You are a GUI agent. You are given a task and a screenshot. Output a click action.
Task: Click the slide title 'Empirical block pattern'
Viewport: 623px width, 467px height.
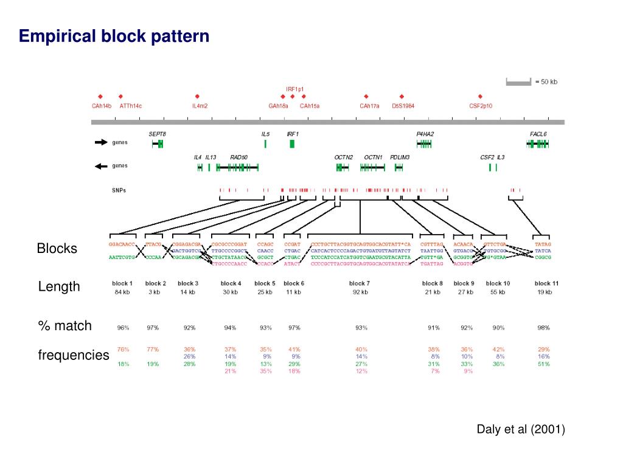click(114, 36)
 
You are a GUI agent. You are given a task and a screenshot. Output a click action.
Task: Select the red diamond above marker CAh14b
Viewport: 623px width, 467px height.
click(100, 96)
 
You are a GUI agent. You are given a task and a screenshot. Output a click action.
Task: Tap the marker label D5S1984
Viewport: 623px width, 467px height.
click(403, 106)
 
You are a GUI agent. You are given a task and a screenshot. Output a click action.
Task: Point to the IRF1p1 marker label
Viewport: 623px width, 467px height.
click(295, 89)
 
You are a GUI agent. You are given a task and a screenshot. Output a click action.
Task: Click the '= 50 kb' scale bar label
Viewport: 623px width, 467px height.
click(546, 82)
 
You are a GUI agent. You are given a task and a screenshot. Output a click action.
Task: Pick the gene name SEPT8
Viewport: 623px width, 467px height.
click(157, 134)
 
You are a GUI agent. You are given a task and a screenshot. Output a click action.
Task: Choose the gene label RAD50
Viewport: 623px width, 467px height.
click(238, 157)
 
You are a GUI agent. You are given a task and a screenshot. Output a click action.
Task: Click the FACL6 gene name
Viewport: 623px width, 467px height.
click(538, 134)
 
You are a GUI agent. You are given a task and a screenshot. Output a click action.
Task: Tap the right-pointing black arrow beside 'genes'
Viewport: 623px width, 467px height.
click(100, 143)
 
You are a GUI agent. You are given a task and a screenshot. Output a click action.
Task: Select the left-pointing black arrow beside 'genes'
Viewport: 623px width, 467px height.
click(100, 166)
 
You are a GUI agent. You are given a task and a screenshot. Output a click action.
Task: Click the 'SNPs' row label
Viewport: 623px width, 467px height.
click(119, 190)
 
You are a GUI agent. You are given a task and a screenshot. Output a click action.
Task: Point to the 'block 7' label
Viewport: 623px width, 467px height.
click(360, 283)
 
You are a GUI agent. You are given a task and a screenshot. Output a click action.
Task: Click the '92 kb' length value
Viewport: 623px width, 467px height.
click(360, 292)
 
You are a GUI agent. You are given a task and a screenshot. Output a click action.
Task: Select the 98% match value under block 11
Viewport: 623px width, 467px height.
click(543, 328)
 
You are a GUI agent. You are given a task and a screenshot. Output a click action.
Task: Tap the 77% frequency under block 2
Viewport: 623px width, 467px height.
click(153, 349)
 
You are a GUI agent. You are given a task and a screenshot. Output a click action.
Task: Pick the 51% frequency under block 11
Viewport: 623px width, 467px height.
click(543, 364)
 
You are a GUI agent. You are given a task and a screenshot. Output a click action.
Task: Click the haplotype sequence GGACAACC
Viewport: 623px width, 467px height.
click(122, 244)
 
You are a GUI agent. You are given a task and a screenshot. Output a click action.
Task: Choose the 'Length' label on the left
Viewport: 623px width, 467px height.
click(59, 286)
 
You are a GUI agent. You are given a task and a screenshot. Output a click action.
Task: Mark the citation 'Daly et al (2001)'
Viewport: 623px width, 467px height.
click(521, 429)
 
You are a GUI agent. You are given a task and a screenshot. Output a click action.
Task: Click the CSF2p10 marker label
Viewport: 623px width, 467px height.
click(481, 106)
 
